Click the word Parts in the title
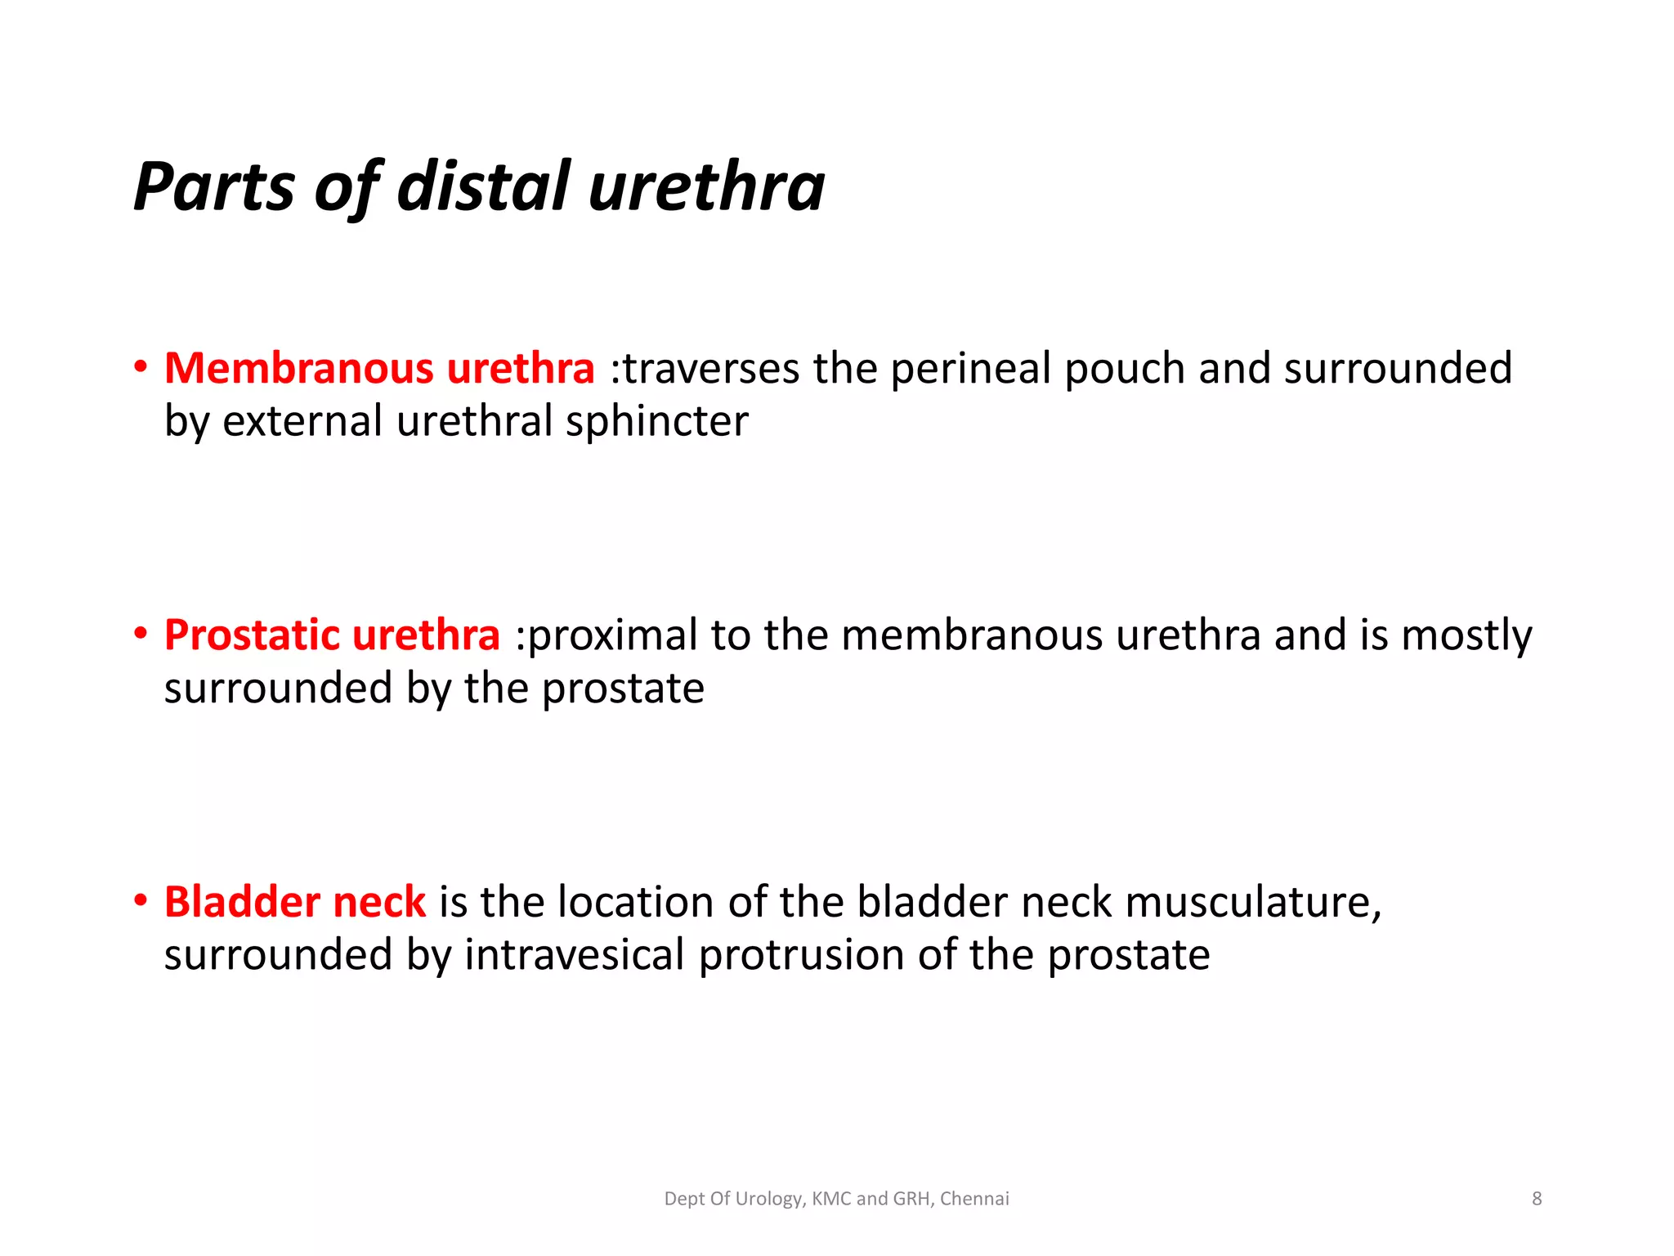pyautogui.click(x=214, y=187)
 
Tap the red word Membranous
pyautogui.click(x=298, y=368)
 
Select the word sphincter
pyautogui.click(x=656, y=422)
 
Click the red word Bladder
pyautogui.click(x=241, y=902)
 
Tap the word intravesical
pyautogui.click(x=574, y=955)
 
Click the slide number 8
pyautogui.click(x=1537, y=1199)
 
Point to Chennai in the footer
pyautogui.click(x=974, y=1199)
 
